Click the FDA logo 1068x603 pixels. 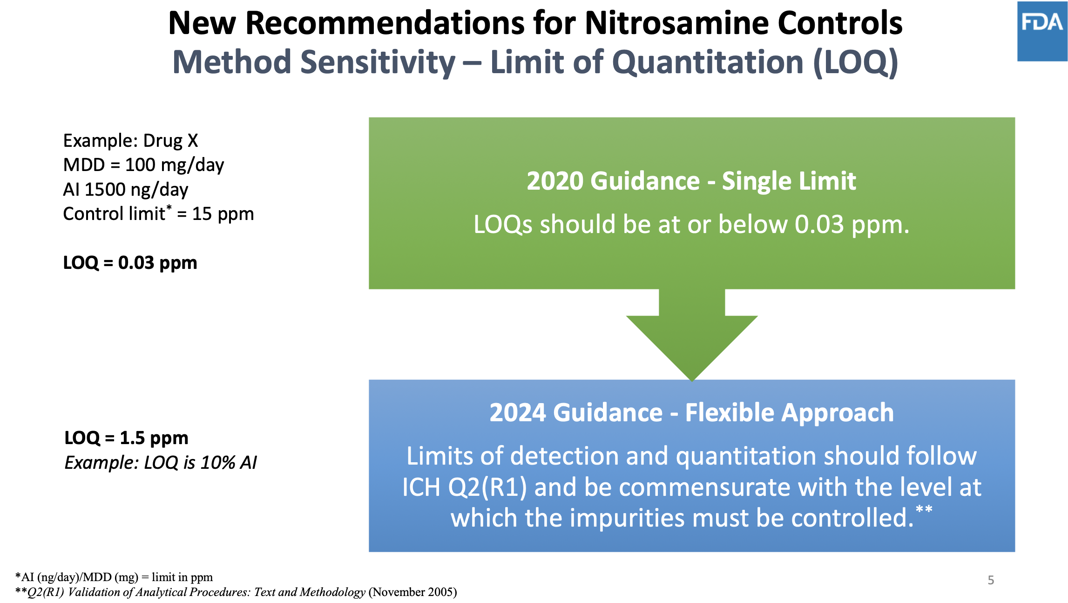[1042, 32]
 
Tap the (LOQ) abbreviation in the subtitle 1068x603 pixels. [856, 62]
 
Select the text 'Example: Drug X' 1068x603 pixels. [131, 141]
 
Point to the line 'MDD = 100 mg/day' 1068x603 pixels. [143, 165]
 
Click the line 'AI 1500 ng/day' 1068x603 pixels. [126, 190]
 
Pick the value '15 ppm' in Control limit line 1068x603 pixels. [223, 214]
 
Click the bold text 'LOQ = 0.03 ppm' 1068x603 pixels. [130, 263]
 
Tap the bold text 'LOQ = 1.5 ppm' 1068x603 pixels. [126, 438]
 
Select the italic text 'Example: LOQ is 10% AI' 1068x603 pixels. [161, 463]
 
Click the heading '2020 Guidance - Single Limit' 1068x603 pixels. [691, 181]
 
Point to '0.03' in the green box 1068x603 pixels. [819, 225]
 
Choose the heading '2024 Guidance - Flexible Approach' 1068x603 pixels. [692, 413]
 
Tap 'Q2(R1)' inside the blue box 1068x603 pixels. [487, 487]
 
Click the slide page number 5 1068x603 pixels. [991, 580]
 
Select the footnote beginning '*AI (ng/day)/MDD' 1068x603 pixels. [114, 577]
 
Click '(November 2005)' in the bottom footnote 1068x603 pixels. [413, 592]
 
